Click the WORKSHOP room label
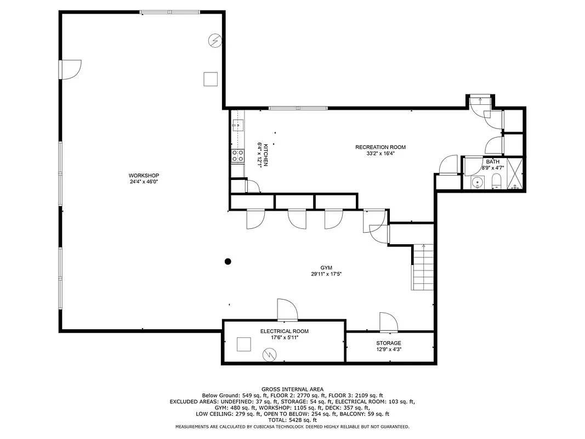pos(144,176)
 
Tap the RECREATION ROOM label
pos(380,147)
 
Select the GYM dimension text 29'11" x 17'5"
pos(327,274)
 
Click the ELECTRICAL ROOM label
pos(284,331)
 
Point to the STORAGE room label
pos(388,343)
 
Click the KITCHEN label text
pos(266,155)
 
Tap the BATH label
pos(492,161)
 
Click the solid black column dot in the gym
pos(228,262)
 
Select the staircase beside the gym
pos(422,267)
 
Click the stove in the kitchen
pos(237,156)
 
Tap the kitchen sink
pos(237,126)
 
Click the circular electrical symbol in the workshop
pos(215,40)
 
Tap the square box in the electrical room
pos(244,344)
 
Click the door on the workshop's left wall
pos(70,69)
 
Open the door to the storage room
pos(388,322)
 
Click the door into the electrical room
pos(287,311)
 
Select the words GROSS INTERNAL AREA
pos(292,389)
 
